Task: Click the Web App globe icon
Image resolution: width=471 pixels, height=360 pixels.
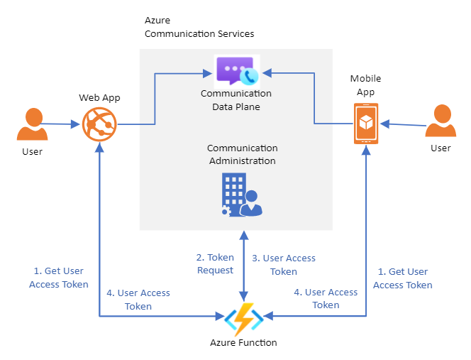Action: pos(99,124)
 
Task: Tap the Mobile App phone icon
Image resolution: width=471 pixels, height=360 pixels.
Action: pos(365,124)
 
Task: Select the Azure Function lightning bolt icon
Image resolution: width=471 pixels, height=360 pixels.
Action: pos(243,320)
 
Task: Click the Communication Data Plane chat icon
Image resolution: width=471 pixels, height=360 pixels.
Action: pos(237,71)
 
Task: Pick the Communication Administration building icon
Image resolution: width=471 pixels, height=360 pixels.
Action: pos(242,194)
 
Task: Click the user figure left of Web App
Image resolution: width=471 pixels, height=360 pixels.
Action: pos(33,125)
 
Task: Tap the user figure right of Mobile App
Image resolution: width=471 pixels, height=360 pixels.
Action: pos(440,122)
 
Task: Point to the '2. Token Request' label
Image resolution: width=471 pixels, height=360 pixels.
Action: pos(215,263)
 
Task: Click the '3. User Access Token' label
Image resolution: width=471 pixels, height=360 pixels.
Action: pos(284,265)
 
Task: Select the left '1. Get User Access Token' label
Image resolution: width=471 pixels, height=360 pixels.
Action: pos(59,278)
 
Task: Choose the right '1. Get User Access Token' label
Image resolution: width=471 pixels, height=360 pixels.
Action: pos(402,278)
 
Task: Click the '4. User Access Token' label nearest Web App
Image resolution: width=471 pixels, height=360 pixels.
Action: pos(138,300)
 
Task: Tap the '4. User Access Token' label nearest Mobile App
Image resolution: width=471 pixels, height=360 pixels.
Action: pos(326,298)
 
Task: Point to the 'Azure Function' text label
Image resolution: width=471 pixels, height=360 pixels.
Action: pos(243,343)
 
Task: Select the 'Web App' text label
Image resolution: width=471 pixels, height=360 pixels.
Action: pos(99,97)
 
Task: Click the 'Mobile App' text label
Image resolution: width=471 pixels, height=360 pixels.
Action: pos(366,85)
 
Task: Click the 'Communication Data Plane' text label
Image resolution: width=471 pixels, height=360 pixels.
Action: pos(236,100)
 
